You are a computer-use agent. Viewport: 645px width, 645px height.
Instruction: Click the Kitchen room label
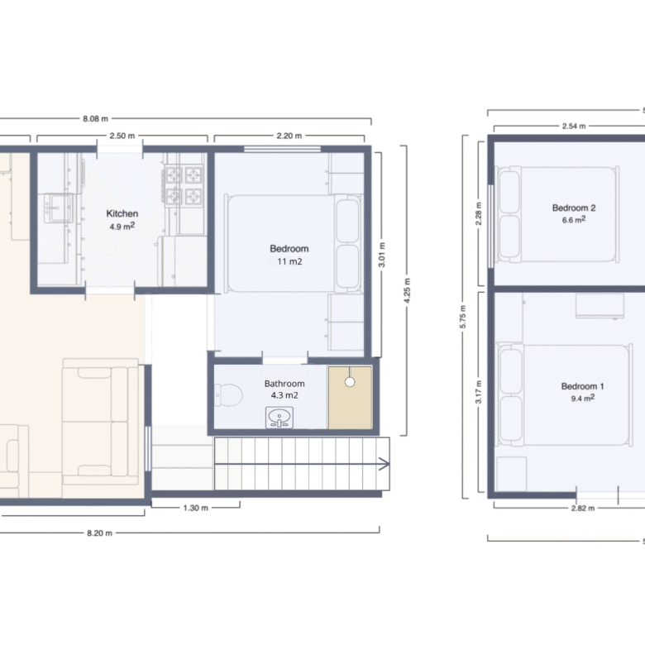[122, 213]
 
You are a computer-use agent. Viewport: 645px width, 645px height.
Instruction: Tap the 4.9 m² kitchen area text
[122, 227]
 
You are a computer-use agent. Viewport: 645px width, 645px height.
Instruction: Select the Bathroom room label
[284, 384]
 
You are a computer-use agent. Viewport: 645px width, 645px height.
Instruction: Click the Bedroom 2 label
[574, 208]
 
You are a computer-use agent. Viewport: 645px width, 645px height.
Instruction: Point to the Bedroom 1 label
[582, 386]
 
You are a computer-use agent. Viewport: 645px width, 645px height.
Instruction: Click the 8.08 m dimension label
[95, 119]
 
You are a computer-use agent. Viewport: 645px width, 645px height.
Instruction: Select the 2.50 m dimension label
[122, 136]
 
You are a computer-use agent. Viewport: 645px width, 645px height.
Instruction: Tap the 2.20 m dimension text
[289, 136]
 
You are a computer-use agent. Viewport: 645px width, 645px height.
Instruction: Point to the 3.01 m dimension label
[382, 255]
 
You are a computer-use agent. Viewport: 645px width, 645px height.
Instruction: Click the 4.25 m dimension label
[407, 290]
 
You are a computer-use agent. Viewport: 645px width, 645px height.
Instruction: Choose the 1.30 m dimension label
[195, 508]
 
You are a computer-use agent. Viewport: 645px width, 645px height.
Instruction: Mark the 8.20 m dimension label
[99, 533]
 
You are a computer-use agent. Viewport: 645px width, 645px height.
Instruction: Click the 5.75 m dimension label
[463, 317]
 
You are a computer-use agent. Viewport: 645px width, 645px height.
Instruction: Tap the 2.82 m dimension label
[583, 509]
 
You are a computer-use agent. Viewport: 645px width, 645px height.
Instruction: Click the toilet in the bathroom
[228, 395]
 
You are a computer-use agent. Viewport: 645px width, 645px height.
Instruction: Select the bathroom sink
[279, 418]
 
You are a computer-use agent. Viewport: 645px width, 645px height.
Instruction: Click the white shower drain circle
[350, 382]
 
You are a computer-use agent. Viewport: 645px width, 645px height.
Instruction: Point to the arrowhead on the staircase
[385, 465]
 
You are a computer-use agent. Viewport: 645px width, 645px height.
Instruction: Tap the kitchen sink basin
[59, 208]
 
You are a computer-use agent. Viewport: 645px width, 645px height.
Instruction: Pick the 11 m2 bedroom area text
[289, 261]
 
